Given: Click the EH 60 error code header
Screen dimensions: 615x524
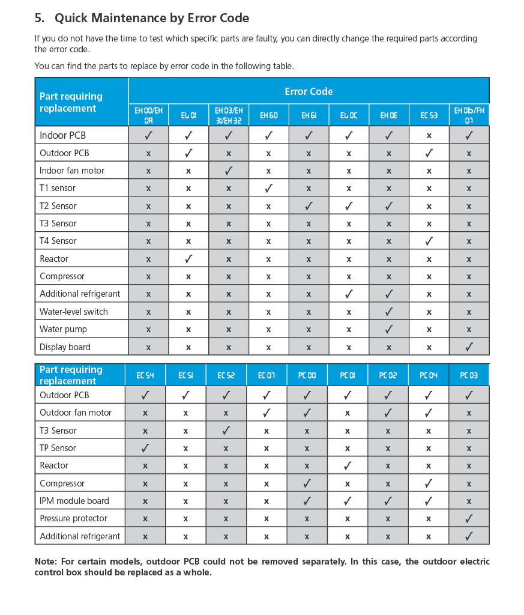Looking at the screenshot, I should (268, 115).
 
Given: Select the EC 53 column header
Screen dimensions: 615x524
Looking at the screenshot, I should (429, 115).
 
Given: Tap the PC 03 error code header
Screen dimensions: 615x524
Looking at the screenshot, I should (469, 375).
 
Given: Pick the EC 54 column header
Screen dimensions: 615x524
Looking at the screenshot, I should (145, 375).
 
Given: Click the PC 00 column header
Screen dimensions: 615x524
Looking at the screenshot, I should (307, 375).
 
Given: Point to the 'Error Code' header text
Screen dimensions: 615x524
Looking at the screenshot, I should (309, 91).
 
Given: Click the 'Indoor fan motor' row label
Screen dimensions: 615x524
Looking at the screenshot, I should (72, 171).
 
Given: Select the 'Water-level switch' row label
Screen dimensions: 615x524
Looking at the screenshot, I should (74, 312).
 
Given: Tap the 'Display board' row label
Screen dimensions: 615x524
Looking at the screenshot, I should (65, 347).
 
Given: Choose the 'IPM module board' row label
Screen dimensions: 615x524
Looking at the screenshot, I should (74, 501).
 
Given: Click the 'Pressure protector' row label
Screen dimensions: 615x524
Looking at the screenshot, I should (73, 518).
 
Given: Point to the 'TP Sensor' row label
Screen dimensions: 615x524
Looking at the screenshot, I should (58, 448).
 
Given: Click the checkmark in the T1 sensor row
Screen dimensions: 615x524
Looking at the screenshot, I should (268, 188).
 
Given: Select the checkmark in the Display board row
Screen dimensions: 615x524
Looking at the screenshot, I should (469, 347).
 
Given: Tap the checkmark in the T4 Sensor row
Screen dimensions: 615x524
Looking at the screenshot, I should (429, 241).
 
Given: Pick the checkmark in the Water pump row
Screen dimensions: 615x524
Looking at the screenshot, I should (389, 329).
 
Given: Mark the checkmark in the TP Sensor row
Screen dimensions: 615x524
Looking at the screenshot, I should (145, 448).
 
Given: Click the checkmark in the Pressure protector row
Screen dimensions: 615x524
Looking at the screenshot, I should (469, 518).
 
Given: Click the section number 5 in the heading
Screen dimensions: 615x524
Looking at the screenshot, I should (39, 18).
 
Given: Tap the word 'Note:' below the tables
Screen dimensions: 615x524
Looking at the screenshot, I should (46, 562).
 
